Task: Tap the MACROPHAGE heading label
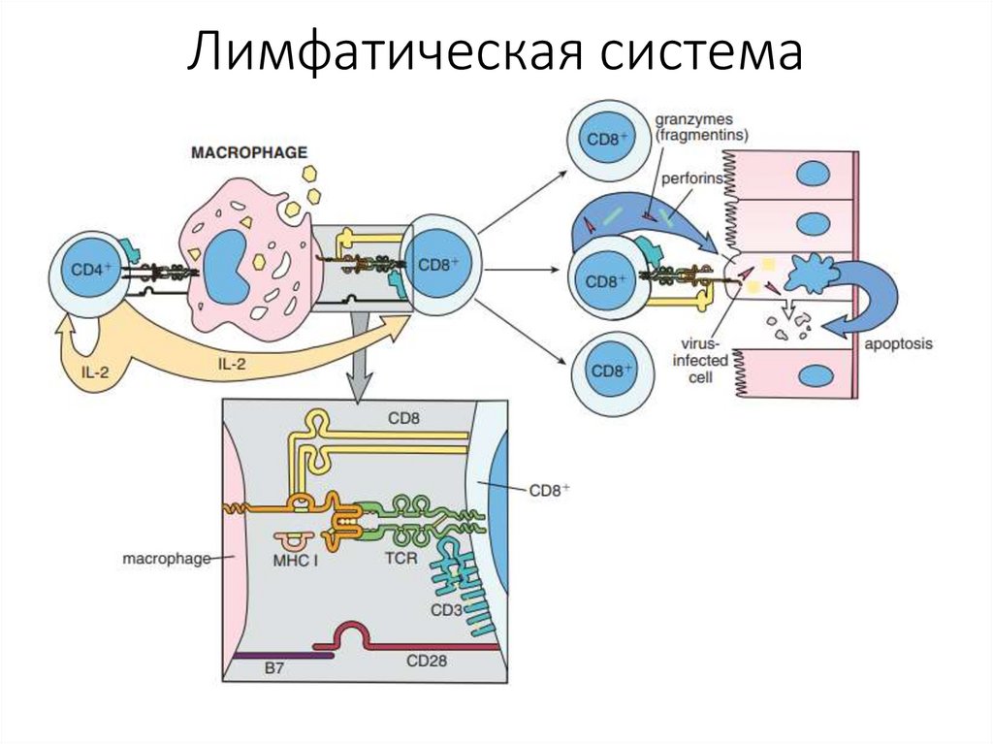click(x=248, y=153)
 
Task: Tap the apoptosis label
click(x=897, y=344)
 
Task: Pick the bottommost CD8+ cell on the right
click(x=611, y=371)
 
